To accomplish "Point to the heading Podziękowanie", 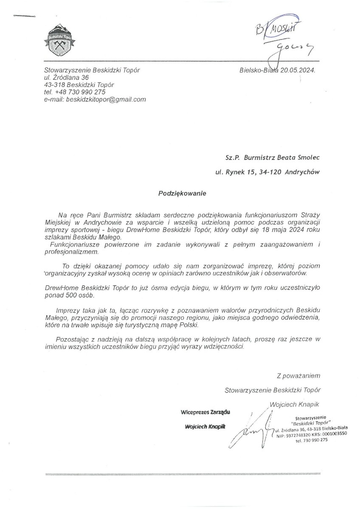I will (182, 193).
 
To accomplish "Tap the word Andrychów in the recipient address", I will (303, 172).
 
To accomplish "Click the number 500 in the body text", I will (67, 295).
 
